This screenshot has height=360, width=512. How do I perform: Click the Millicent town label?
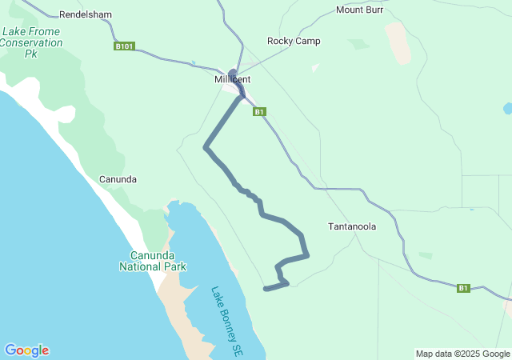[x=233, y=79]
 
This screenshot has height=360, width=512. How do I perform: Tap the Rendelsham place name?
[x=86, y=14]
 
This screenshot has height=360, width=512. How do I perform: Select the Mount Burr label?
[x=359, y=10]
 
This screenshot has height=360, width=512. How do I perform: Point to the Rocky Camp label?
[x=294, y=41]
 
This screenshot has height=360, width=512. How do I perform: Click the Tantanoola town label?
[x=352, y=226]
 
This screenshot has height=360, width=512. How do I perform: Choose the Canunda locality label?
[x=118, y=178]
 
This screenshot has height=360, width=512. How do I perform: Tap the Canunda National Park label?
[x=153, y=261]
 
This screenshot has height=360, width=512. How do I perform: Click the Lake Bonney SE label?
[x=226, y=320]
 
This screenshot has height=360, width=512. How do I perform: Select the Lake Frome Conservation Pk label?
[x=32, y=42]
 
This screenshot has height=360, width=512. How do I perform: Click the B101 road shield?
[x=124, y=46]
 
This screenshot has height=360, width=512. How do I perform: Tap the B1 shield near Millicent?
[x=259, y=112]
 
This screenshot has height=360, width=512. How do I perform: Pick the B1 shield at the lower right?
[x=463, y=288]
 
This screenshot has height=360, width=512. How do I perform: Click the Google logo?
[x=26, y=350]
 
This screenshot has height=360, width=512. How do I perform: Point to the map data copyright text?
[x=462, y=354]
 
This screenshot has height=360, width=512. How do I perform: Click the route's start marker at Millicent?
[x=234, y=73]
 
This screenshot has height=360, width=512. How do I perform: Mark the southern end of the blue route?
[x=266, y=289]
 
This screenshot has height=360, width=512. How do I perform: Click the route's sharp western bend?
[x=206, y=147]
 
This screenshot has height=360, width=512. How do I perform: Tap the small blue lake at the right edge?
[x=507, y=108]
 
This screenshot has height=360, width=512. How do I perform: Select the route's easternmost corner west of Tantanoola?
[x=307, y=255]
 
